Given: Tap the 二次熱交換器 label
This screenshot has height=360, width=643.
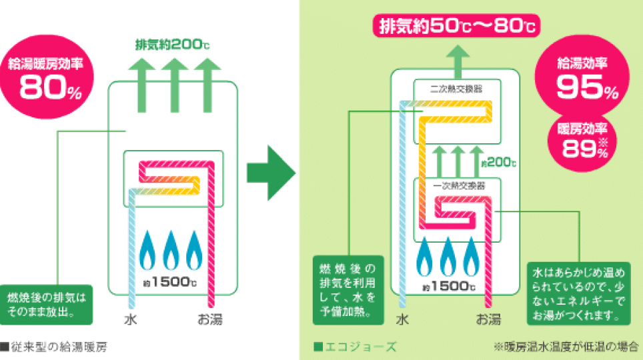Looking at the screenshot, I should coord(457,88).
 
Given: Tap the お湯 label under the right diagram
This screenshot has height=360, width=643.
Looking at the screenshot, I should coord(488,319).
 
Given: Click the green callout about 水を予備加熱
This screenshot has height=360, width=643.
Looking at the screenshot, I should coord(348,291).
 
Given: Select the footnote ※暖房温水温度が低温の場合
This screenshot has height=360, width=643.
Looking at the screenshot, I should coord(566,347).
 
